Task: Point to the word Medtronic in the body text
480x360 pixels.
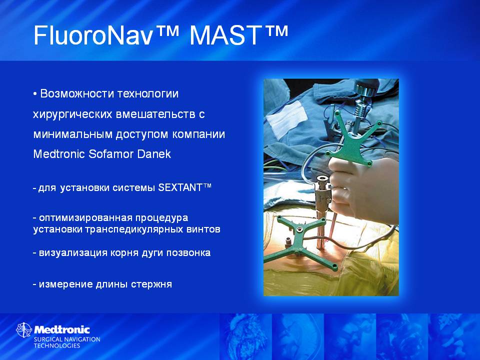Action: coord(59,153)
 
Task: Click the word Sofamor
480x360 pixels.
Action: coord(111,153)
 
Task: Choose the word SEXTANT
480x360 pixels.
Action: coord(180,187)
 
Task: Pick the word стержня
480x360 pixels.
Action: coord(151,284)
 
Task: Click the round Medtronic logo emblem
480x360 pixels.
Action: coord(24,330)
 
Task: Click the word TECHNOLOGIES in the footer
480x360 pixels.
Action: coord(56,345)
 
